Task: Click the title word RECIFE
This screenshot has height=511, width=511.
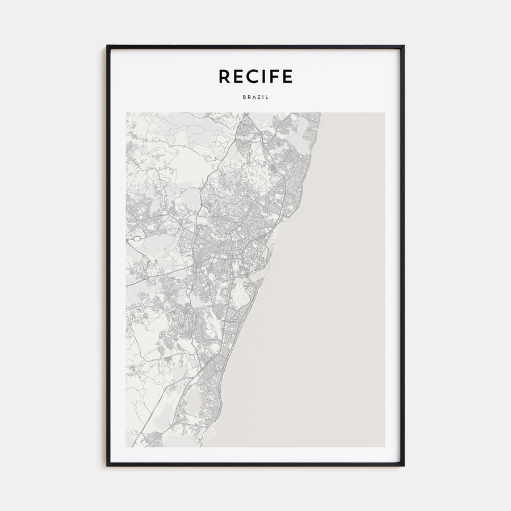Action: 256,76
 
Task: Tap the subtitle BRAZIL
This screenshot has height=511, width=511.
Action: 256,97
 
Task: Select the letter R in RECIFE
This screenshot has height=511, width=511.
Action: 225,76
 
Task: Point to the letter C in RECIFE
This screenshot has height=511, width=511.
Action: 254,76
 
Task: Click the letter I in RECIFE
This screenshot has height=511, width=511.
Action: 266,76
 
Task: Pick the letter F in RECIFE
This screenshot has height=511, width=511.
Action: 277,76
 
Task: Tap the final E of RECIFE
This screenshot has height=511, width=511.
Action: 288,76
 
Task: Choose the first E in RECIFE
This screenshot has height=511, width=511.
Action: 239,76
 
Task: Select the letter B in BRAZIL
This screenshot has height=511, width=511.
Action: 244,97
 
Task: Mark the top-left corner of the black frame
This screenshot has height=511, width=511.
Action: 107,46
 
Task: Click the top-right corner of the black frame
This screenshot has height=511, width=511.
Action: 404,46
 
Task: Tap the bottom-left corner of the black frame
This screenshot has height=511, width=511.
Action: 107,466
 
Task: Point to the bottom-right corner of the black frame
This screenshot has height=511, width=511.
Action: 404,466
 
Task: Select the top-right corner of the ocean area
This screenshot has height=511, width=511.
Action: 384,113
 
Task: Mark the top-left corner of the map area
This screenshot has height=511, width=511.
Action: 127,113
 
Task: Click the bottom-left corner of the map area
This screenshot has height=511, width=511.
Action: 127,446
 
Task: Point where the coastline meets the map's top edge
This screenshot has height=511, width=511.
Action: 321,113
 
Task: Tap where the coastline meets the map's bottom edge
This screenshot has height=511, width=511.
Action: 203,446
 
